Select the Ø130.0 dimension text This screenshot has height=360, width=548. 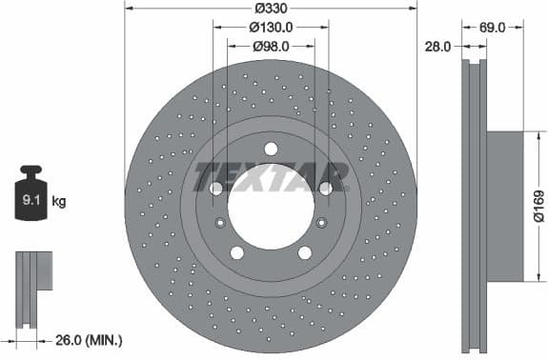pyautogui.click(x=271, y=29)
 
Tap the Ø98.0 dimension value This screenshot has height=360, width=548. pyautogui.click(x=270, y=45)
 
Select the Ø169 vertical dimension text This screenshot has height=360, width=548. pyautogui.click(x=538, y=206)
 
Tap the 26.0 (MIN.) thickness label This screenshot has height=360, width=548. pyautogui.click(x=89, y=340)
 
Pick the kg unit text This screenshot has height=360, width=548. pyautogui.click(x=58, y=201)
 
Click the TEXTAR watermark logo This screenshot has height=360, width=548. pyautogui.click(x=271, y=176)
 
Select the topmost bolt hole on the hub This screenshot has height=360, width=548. pyautogui.click(x=271, y=149)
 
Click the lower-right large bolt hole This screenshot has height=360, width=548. pyautogui.click(x=304, y=252)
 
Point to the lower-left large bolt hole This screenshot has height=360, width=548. pyautogui.click(x=237, y=252)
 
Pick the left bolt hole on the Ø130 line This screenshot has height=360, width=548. pyautogui.click(x=216, y=189)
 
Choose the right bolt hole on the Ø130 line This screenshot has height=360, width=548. pyautogui.click(x=325, y=189)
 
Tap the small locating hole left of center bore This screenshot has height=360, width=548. pyautogui.click(x=221, y=223)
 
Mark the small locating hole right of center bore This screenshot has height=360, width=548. pyautogui.click(x=320, y=223)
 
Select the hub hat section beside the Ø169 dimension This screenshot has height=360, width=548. pyautogui.click(x=505, y=206)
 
